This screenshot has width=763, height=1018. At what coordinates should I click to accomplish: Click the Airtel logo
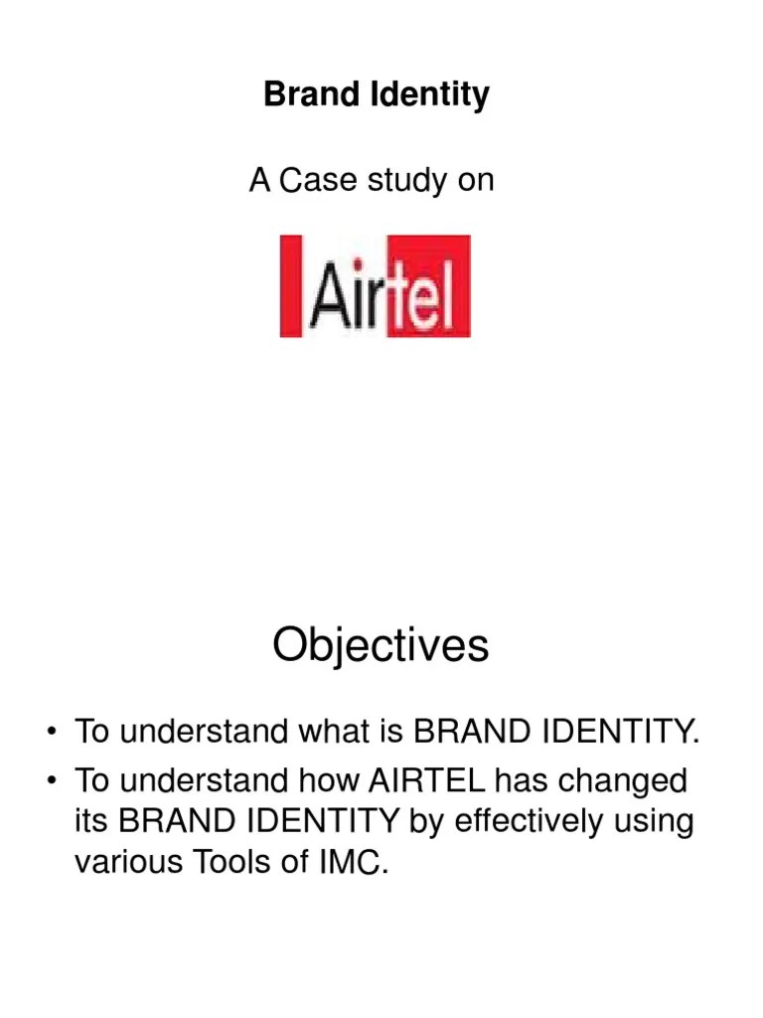[375, 285]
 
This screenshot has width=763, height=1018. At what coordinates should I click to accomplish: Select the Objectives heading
[381, 646]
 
